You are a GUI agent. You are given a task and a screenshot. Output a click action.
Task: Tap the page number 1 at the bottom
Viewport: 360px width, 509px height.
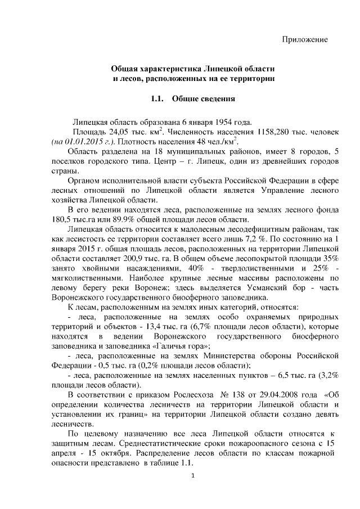[x=192, y=478]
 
